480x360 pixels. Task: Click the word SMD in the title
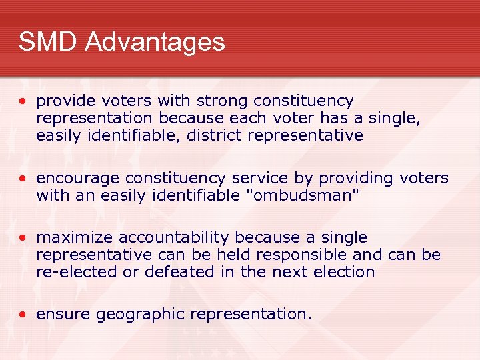pos(48,42)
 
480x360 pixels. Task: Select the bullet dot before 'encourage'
pos(23,179)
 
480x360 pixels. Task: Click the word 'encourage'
pos(75,179)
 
